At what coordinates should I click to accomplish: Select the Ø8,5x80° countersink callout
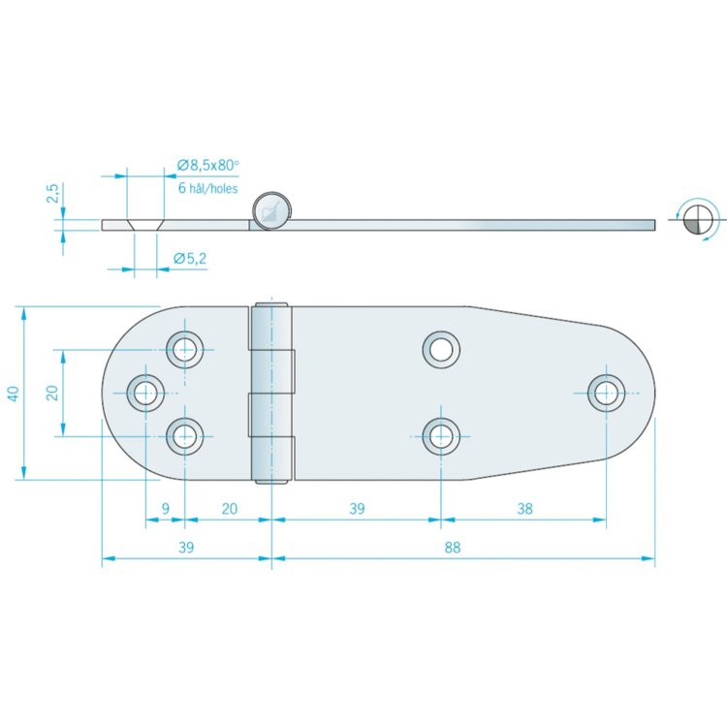pyautogui.click(x=207, y=166)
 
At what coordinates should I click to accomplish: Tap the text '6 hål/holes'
pyautogui.click(x=207, y=189)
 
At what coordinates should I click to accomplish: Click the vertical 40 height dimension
pyautogui.click(x=13, y=393)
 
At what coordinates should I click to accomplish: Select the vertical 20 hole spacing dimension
pyautogui.click(x=52, y=393)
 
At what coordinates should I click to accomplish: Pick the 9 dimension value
pyautogui.click(x=166, y=508)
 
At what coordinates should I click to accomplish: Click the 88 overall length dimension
pyautogui.click(x=453, y=547)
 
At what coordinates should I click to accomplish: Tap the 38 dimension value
pyautogui.click(x=523, y=508)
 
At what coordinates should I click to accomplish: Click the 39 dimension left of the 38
pyautogui.click(x=357, y=508)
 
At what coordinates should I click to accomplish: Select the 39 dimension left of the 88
pyautogui.click(x=186, y=547)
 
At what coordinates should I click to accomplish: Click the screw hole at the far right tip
pyautogui.click(x=607, y=392)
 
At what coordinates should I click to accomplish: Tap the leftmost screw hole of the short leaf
pyautogui.click(x=146, y=392)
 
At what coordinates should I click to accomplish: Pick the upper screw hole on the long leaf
pyautogui.click(x=441, y=348)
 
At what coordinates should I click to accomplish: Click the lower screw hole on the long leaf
pyautogui.click(x=441, y=436)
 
